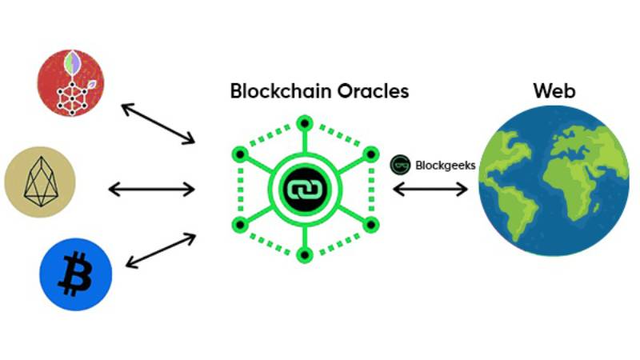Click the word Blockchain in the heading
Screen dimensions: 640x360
click(x=281, y=90)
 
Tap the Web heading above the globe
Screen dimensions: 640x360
click(x=554, y=90)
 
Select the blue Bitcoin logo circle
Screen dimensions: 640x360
click(x=75, y=274)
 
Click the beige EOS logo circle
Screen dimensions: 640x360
click(x=40, y=182)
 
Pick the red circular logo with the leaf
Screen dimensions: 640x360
click(x=70, y=83)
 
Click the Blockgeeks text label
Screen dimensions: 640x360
click(x=446, y=166)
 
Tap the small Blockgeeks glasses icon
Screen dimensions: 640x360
click(x=400, y=165)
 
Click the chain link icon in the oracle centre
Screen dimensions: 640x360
click(x=305, y=190)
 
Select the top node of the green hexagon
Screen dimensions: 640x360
click(x=305, y=123)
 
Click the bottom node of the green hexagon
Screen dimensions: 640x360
click(x=305, y=255)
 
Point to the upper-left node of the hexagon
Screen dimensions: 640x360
click(x=241, y=154)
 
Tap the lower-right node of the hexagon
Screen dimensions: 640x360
click(x=370, y=225)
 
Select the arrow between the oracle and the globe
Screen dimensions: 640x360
click(x=430, y=189)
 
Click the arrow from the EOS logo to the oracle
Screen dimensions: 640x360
click(x=151, y=190)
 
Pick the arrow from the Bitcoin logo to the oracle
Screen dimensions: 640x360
click(x=161, y=250)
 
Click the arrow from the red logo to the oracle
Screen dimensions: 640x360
click(x=158, y=124)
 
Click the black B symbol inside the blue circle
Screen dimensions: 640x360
click(x=75, y=274)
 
